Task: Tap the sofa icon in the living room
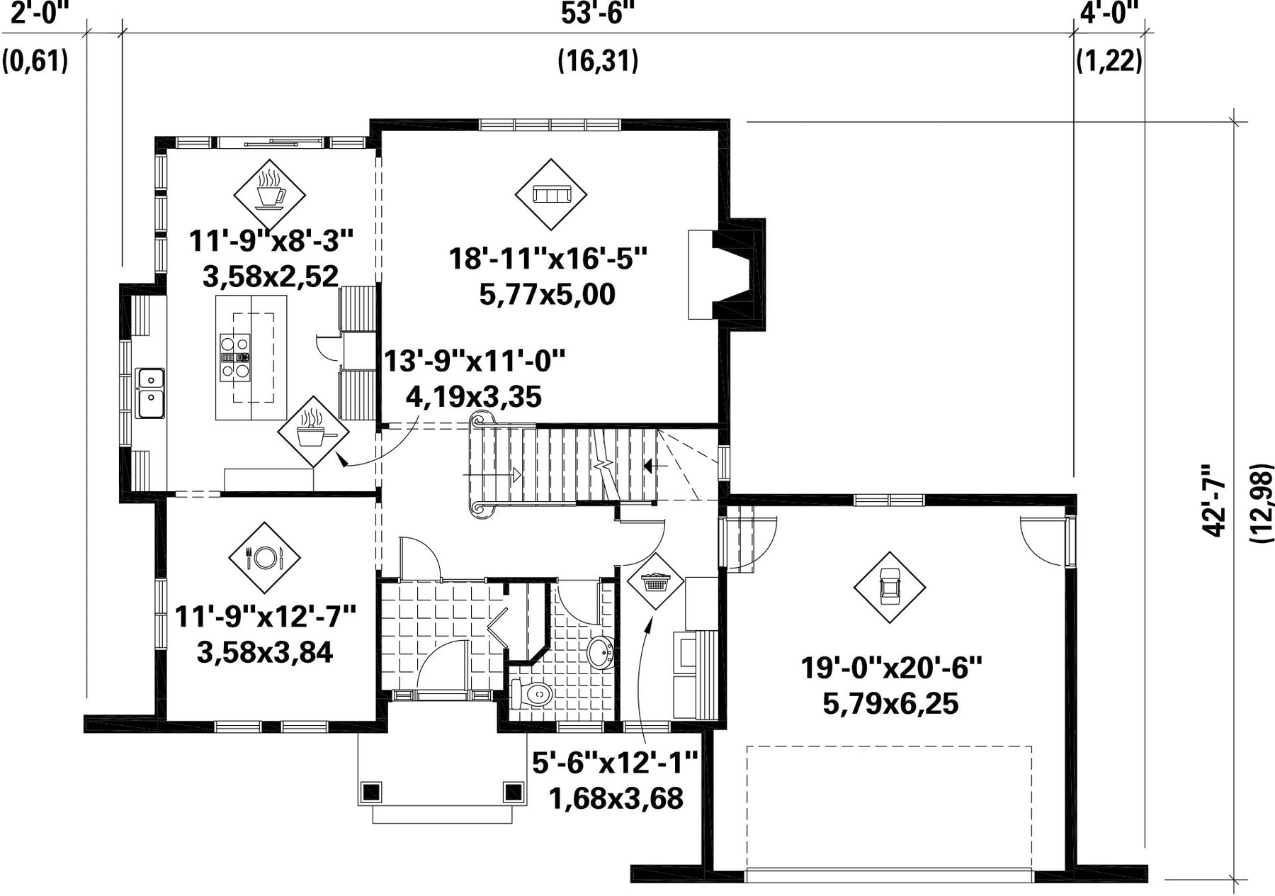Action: [x=551, y=194]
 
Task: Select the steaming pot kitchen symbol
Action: [x=313, y=431]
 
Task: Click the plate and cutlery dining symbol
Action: [x=265, y=558]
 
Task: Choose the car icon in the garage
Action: [x=889, y=587]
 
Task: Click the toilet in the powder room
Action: [x=531, y=693]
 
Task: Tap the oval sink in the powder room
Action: [x=601, y=653]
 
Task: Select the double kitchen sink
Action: [x=151, y=393]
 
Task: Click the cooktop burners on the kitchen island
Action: [x=234, y=357]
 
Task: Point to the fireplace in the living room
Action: [x=726, y=274]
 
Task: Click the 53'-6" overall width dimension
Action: [x=597, y=13]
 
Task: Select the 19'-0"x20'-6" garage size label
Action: [x=891, y=668]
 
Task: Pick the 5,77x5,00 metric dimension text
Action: [x=548, y=294]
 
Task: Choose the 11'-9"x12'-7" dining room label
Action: [x=265, y=616]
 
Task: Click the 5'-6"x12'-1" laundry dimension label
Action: [x=616, y=763]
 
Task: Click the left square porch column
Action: [x=371, y=791]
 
